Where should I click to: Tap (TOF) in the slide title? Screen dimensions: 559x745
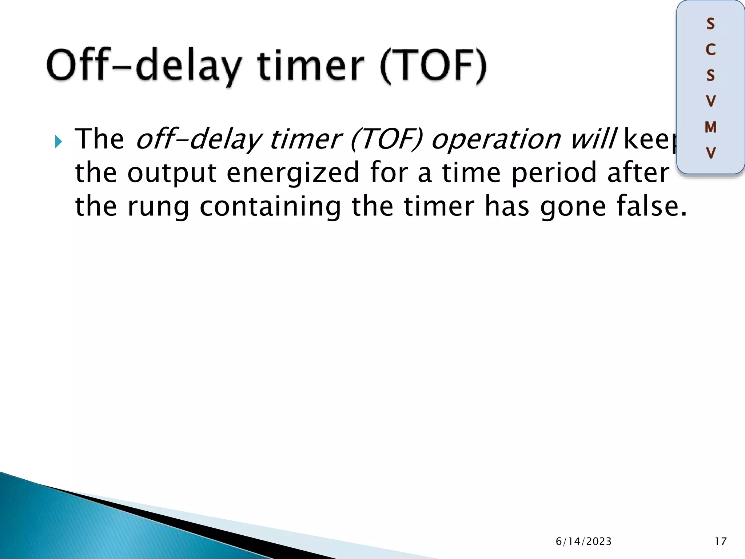pyautogui.click(x=433, y=66)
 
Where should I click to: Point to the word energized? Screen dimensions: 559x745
pyautogui.click(x=293, y=173)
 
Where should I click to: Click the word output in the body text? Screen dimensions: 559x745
pyautogui.click(x=172, y=173)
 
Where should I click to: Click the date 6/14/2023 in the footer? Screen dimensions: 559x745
pyautogui.click(x=583, y=542)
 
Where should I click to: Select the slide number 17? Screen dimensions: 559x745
pyautogui.click(x=720, y=542)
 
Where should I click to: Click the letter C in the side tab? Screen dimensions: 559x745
pyautogui.click(x=710, y=50)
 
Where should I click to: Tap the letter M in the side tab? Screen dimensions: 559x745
pyautogui.click(x=710, y=127)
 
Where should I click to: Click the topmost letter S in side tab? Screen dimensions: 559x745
pyautogui.click(x=710, y=24)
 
